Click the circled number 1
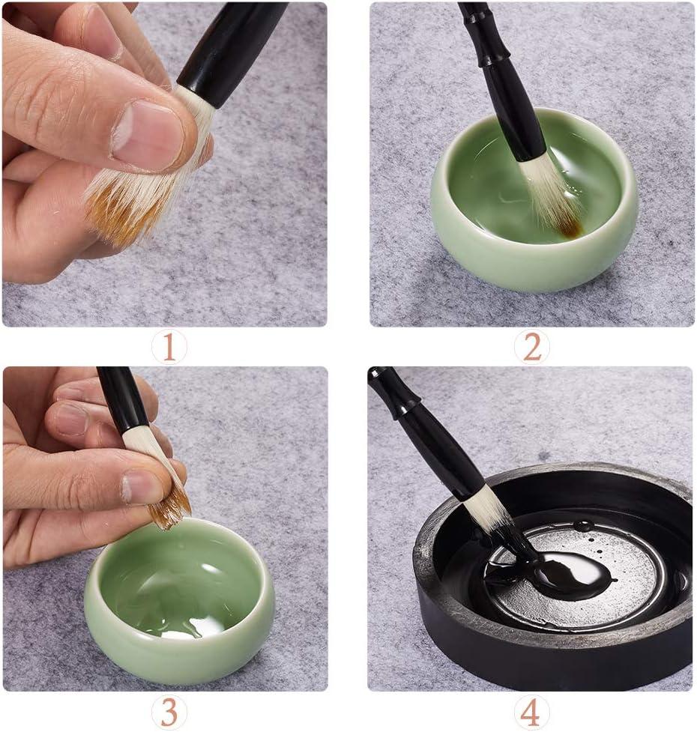point(169,348)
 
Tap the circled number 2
point(531,348)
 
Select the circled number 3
point(169,712)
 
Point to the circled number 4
point(531,712)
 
